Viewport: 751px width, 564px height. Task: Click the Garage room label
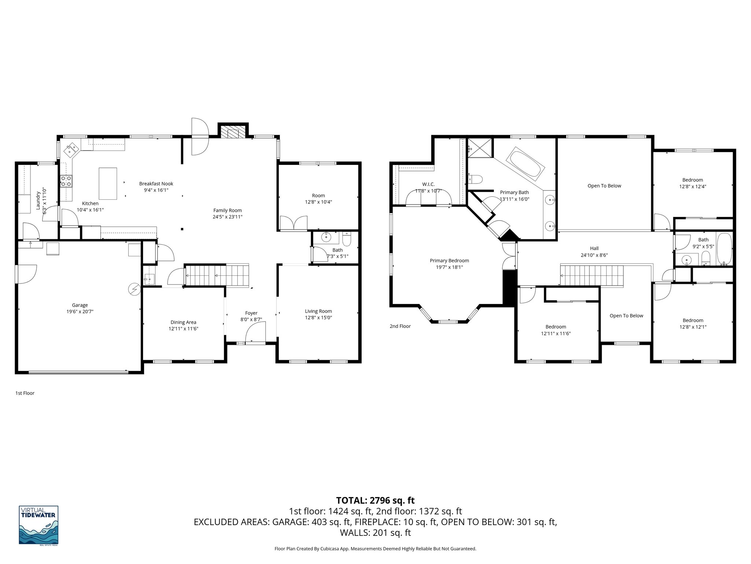80,305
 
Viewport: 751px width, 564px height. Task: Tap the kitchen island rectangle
108,183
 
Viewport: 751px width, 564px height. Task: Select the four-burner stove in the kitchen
66,180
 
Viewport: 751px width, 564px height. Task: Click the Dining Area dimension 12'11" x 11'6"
183,329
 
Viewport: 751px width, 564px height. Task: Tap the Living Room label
318,311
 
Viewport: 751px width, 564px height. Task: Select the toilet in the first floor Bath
347,240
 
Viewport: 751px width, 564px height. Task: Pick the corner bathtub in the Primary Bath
525,164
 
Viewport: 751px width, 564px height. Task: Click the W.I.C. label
428,184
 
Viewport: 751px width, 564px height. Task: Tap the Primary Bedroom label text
449,261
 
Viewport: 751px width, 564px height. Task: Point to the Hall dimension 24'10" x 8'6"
594,255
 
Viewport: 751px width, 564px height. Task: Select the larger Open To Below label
604,186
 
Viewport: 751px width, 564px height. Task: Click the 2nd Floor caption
400,326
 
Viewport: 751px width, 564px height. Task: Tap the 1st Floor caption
25,393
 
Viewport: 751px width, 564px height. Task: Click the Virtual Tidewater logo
39,525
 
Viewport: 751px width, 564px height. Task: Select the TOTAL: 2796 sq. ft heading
375,500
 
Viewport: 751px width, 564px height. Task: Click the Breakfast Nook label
156,184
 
